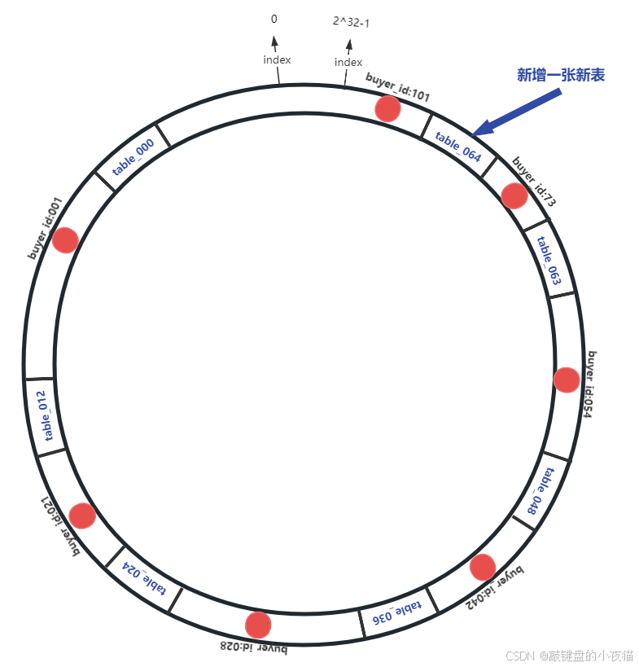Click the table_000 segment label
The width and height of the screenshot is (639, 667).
coord(133,156)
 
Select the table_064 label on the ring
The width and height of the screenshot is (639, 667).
coord(457,146)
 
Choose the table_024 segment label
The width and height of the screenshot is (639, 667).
coord(144,577)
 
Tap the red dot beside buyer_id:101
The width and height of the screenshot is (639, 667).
coord(387,108)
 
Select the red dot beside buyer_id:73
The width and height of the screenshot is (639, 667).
coord(514,195)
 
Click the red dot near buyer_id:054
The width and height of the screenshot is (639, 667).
coord(567,380)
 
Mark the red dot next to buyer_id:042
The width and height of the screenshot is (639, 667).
coord(483,567)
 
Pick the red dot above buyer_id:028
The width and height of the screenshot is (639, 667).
coord(258,624)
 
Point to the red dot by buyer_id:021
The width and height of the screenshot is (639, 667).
coord(82,516)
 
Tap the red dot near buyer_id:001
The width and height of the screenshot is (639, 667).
coord(65,239)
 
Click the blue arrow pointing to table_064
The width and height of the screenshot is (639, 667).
coord(517,112)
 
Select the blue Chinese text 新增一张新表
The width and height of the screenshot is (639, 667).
coord(562,75)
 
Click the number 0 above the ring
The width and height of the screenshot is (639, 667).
coord(274,18)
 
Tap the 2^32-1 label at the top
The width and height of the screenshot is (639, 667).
coord(351,22)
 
